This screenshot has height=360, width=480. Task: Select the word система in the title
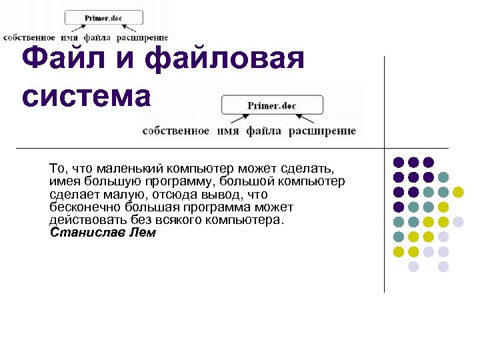coord(87,97)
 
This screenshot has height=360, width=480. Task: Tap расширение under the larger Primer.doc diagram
coord(322,131)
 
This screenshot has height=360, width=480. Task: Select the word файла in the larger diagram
coord(263,131)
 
